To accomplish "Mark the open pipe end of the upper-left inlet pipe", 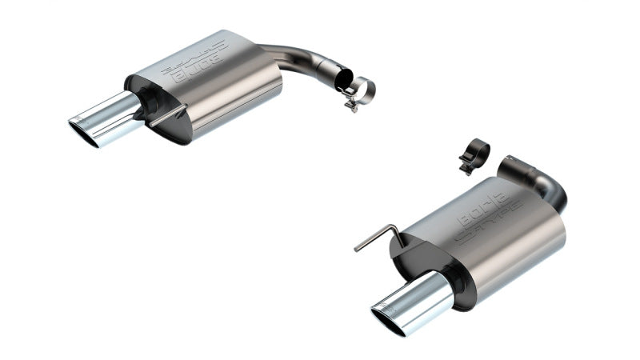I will coord(344,81).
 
